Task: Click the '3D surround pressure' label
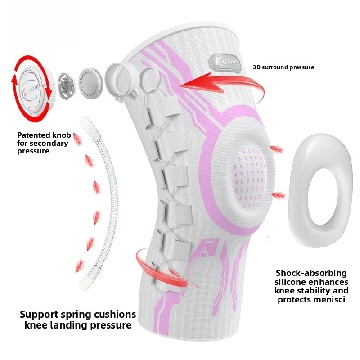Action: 283,67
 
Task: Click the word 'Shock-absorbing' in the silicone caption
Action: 311,273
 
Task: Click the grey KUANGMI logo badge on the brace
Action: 225,62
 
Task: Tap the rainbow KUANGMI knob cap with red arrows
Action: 33,89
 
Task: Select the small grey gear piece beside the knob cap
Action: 67,86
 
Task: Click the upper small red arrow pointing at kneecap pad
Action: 277,149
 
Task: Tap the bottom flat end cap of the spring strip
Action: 90,278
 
